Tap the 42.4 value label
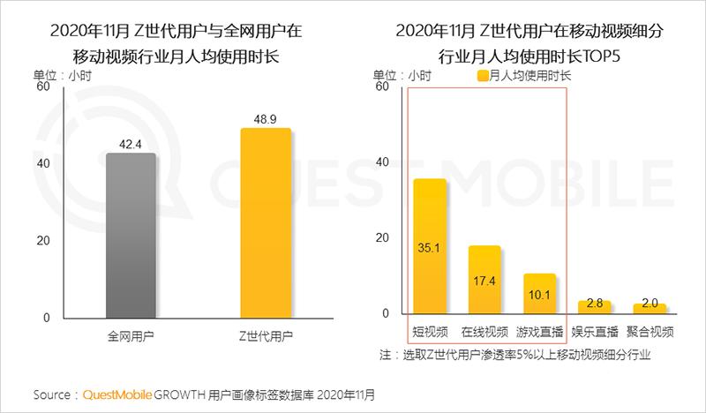point(131,145)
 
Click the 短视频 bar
point(430,246)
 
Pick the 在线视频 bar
point(484,280)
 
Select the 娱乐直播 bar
point(594,307)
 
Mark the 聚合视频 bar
point(650,309)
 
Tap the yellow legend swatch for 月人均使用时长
point(482,76)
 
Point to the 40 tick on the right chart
point(382,163)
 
